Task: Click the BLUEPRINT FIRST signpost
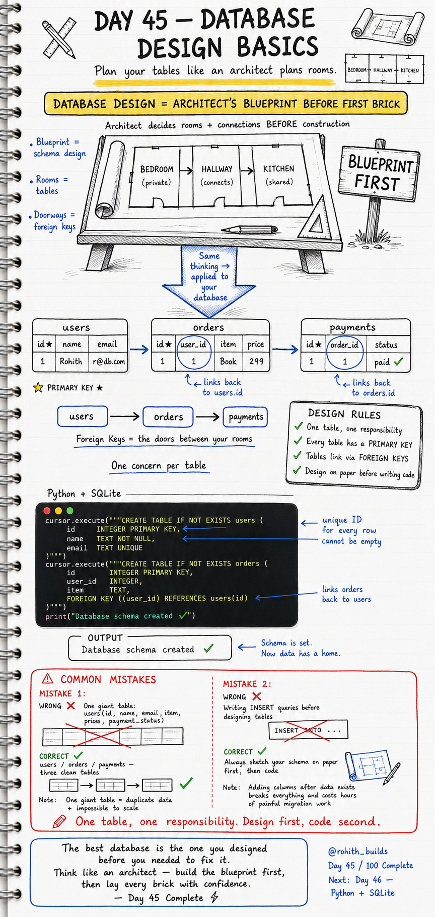(380, 174)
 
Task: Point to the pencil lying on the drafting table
(250, 230)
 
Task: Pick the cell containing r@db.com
(108, 362)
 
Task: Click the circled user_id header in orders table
(194, 344)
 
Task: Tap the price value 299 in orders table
(256, 362)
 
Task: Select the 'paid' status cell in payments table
(388, 362)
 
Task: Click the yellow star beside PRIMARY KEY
(38, 388)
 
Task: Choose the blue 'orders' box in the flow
(168, 417)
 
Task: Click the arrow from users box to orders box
(125, 416)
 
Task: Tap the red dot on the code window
(47, 511)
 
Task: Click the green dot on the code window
(70, 511)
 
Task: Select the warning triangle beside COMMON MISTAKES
(47, 679)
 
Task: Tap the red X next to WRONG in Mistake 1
(71, 706)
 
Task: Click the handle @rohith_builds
(358, 851)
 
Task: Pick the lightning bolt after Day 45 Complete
(214, 897)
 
